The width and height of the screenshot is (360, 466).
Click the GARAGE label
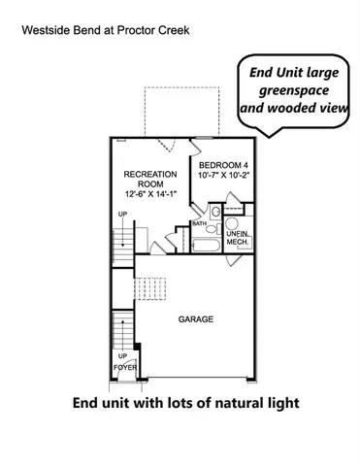[195, 319]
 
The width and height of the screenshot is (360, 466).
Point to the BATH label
[199, 223]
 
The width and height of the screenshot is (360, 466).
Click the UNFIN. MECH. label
[237, 237]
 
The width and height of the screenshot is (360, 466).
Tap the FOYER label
[125, 368]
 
